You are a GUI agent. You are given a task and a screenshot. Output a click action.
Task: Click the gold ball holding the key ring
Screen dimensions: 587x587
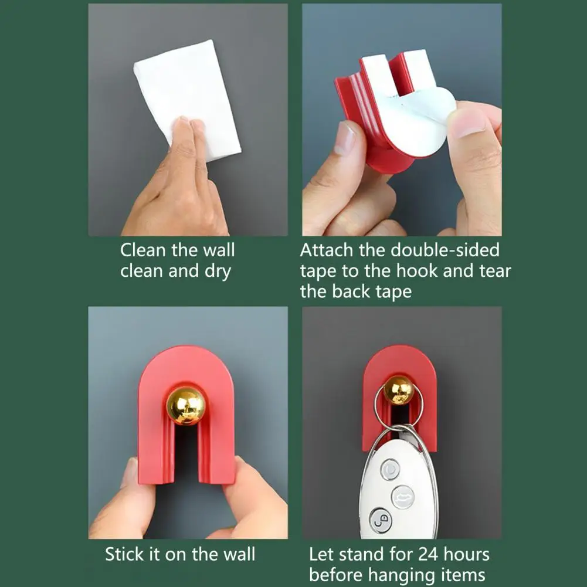(x=398, y=391)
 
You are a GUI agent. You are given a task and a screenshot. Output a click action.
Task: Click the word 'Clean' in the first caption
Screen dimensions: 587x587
(x=142, y=250)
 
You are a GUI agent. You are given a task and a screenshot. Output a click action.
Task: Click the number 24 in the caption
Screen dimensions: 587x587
(x=428, y=554)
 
